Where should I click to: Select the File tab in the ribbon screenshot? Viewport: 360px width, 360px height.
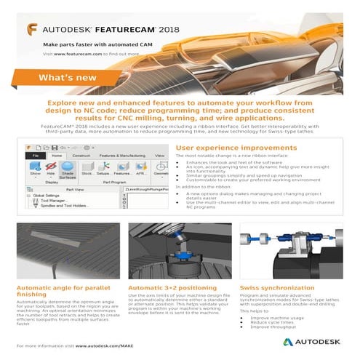(x=34, y=155)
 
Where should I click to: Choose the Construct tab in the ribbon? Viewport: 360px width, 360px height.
(x=81, y=155)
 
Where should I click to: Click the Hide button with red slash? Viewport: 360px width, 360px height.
(x=51, y=169)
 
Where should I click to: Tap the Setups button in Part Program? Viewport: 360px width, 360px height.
(x=104, y=169)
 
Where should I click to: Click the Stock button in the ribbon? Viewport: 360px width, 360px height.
(x=87, y=169)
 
